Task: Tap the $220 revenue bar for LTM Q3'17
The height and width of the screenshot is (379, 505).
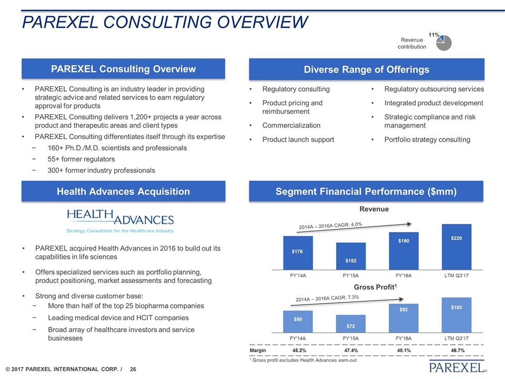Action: pyautogui.click(x=456, y=246)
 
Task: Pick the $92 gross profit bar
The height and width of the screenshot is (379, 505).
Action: pyautogui.click(x=403, y=315)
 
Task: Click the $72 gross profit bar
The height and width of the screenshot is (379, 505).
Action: pyautogui.click(x=351, y=322)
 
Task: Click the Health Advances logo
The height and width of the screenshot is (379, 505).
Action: pyautogui.click(x=120, y=221)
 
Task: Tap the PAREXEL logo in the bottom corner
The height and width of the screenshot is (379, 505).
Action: pyautogui.click(x=457, y=366)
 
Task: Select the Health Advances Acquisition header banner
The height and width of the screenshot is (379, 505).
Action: pyautogui.click(x=123, y=192)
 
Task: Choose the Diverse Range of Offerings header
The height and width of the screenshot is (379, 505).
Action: pyautogui.click(x=366, y=69)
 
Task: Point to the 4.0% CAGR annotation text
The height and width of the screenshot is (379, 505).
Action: pyautogui.click(x=331, y=226)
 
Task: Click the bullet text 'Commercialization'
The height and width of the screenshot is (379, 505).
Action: pyautogui.click(x=291, y=125)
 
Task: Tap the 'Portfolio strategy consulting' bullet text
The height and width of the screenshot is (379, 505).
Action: pyautogui.click(x=427, y=139)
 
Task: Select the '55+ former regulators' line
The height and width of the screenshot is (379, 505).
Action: pyautogui.click(x=81, y=159)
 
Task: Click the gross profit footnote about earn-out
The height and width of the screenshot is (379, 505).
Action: pyautogui.click(x=305, y=361)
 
